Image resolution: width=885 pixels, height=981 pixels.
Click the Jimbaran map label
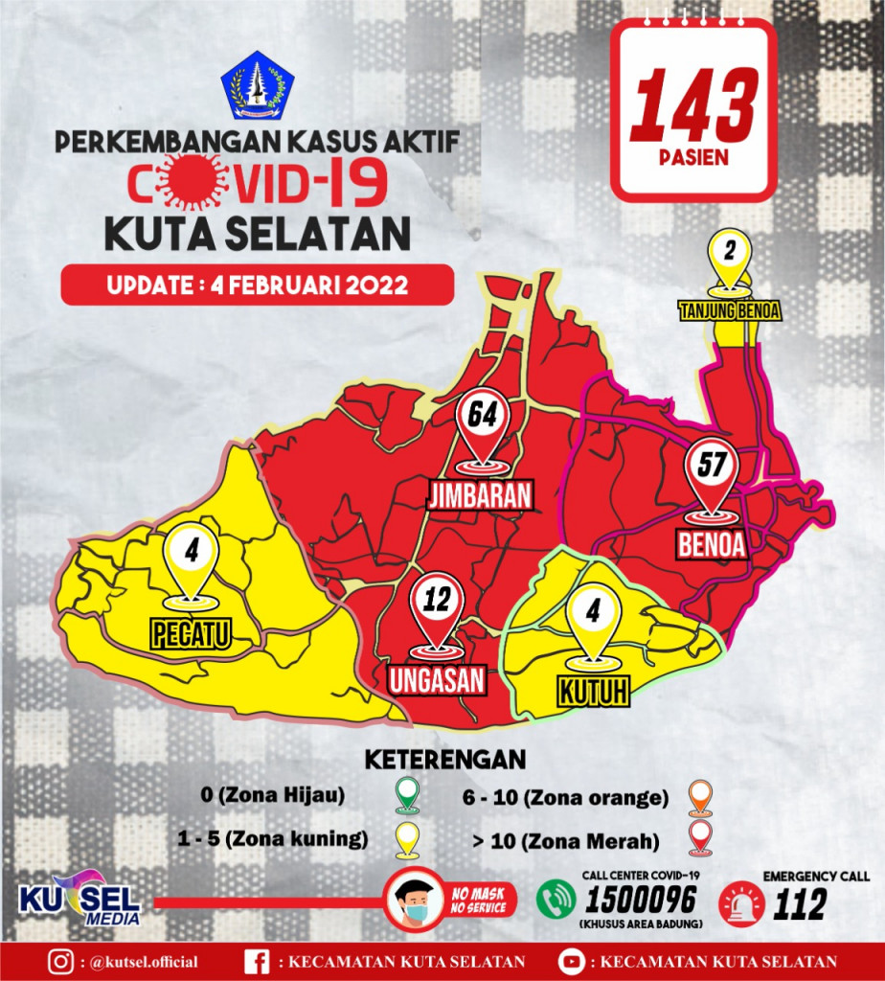point(480,494)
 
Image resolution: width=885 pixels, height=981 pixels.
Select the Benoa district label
point(712,544)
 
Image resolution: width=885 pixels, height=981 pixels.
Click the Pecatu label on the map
point(192,633)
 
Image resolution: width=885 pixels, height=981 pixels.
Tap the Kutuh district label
point(593,690)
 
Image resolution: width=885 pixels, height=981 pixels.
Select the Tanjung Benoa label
point(730,311)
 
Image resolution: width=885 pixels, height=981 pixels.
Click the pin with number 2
point(729,256)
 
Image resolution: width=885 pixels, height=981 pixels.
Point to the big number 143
point(693,105)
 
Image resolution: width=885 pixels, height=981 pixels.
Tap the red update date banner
point(258,285)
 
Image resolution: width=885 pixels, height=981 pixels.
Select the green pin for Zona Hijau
point(408,794)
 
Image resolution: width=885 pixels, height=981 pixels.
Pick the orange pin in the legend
point(700,795)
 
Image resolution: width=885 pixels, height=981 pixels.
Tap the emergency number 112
point(800,903)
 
